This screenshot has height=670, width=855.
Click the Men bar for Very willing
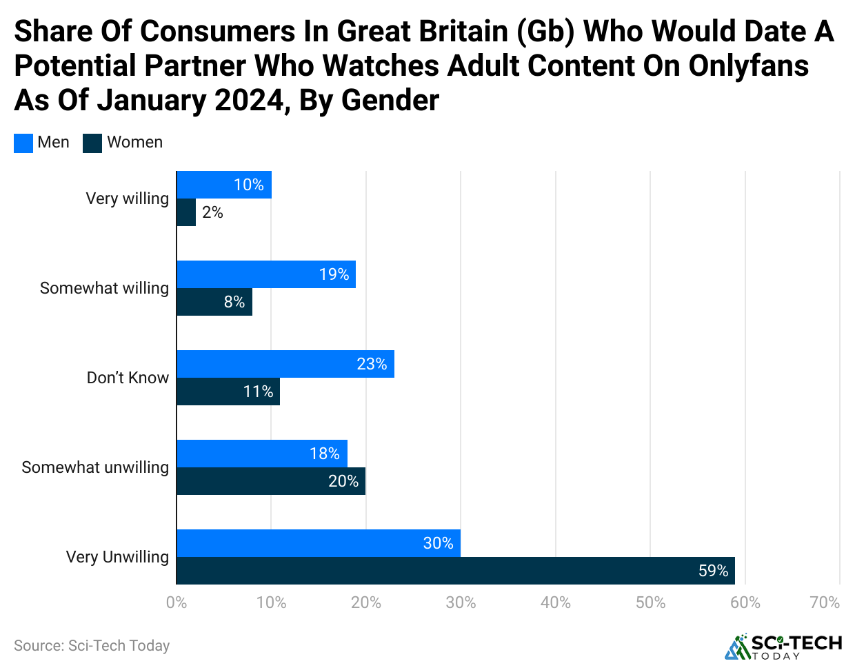[x=224, y=185]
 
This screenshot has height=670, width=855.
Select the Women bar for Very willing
[x=186, y=212]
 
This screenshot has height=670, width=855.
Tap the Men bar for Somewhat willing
[x=266, y=274]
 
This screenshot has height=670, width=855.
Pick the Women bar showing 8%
[x=214, y=302]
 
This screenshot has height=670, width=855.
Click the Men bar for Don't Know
[x=285, y=364]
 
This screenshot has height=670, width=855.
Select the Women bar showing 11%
[x=228, y=392]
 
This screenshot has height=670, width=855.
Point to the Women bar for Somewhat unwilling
[x=271, y=481]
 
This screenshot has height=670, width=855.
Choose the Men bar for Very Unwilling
[x=319, y=543]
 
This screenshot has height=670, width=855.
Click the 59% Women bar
[x=456, y=571]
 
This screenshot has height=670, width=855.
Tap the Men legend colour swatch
[x=23, y=143]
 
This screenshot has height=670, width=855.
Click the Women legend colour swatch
[x=92, y=143]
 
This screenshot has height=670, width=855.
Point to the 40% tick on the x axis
[x=555, y=602]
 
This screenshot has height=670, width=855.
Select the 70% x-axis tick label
[x=825, y=602]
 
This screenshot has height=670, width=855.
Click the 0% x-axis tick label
[x=177, y=602]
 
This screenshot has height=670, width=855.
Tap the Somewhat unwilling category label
[x=95, y=467]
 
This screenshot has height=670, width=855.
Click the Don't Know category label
[x=128, y=378]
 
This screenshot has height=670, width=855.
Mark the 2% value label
[x=212, y=212]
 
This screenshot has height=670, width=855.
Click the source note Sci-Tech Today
[x=92, y=646]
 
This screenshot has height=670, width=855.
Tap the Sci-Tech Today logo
[x=783, y=646]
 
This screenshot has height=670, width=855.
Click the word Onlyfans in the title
[x=749, y=66]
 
